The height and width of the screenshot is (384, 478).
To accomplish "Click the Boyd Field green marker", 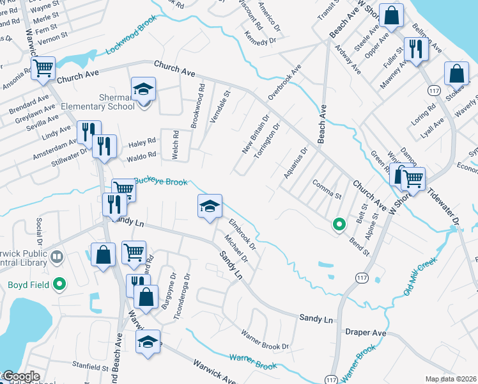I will click(x=59, y=282).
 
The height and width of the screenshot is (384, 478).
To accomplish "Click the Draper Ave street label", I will click(x=366, y=333).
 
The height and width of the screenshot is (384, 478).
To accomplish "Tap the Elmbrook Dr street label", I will click(x=242, y=235).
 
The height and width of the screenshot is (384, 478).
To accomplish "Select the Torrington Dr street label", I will click(x=270, y=141).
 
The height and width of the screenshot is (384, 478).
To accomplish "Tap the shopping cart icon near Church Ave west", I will click(x=43, y=67).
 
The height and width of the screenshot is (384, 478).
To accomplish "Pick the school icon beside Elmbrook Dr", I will click(x=210, y=206).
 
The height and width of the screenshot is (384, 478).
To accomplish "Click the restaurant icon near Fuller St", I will click(x=416, y=49).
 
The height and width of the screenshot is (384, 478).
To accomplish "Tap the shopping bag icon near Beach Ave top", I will click(x=390, y=15).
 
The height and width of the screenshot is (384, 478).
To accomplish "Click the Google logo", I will click(x=21, y=376).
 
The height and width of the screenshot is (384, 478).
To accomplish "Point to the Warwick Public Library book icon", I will click(x=57, y=257).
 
